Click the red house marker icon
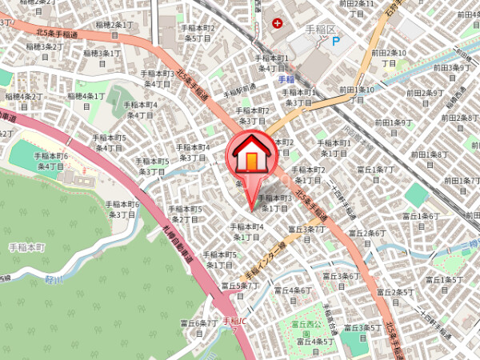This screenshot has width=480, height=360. (252, 155)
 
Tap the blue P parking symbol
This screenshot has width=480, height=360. (335, 42)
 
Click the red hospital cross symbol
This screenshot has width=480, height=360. (277, 23)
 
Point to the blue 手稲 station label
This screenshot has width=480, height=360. (287, 80)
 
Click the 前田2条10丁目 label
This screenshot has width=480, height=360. (390, 58)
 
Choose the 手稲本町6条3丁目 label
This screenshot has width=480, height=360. (125, 210)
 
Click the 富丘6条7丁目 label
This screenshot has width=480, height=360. (198, 328)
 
